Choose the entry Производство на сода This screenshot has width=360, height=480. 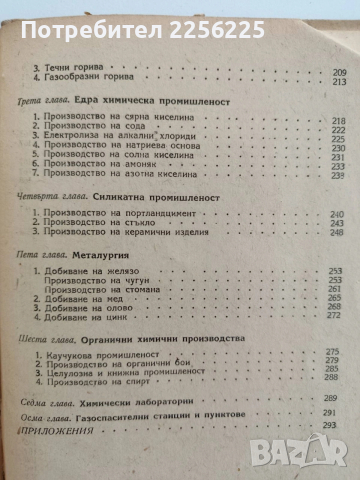(x=95, y=155)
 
